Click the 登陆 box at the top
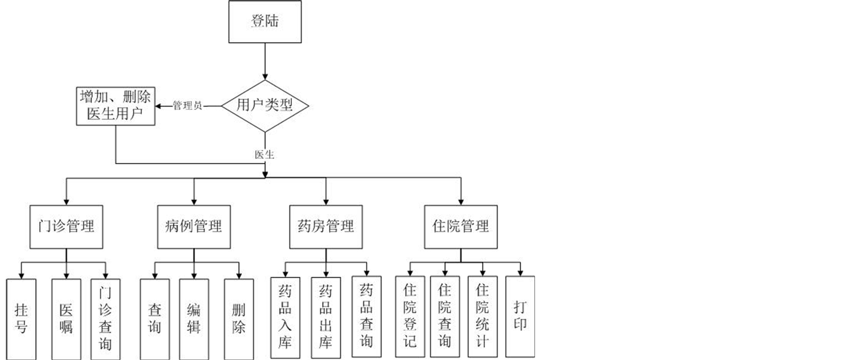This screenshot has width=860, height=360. [265, 21]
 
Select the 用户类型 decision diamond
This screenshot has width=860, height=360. [265, 105]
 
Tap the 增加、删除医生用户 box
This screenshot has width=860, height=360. [116, 106]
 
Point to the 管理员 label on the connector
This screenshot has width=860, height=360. [187, 106]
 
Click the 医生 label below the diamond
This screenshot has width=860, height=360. [264, 154]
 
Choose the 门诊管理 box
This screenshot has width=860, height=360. [66, 227]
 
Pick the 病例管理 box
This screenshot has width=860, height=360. [194, 227]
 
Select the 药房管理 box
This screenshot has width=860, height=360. [326, 227]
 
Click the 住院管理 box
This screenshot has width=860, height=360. [461, 227]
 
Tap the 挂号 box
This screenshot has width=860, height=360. [21, 319]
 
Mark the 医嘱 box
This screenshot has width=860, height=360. [66, 319]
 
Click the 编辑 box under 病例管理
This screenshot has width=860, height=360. [194, 319]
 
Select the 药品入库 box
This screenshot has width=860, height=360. [285, 318]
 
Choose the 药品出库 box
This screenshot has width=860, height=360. [326, 318]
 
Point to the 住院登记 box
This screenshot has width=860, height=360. [410, 317]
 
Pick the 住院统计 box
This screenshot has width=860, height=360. [482, 317]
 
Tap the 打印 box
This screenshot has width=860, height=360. [520, 317]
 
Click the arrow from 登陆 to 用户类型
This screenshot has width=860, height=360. [265, 61]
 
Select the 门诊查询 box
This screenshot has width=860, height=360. [105, 319]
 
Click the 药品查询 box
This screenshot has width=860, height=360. [366, 317]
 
